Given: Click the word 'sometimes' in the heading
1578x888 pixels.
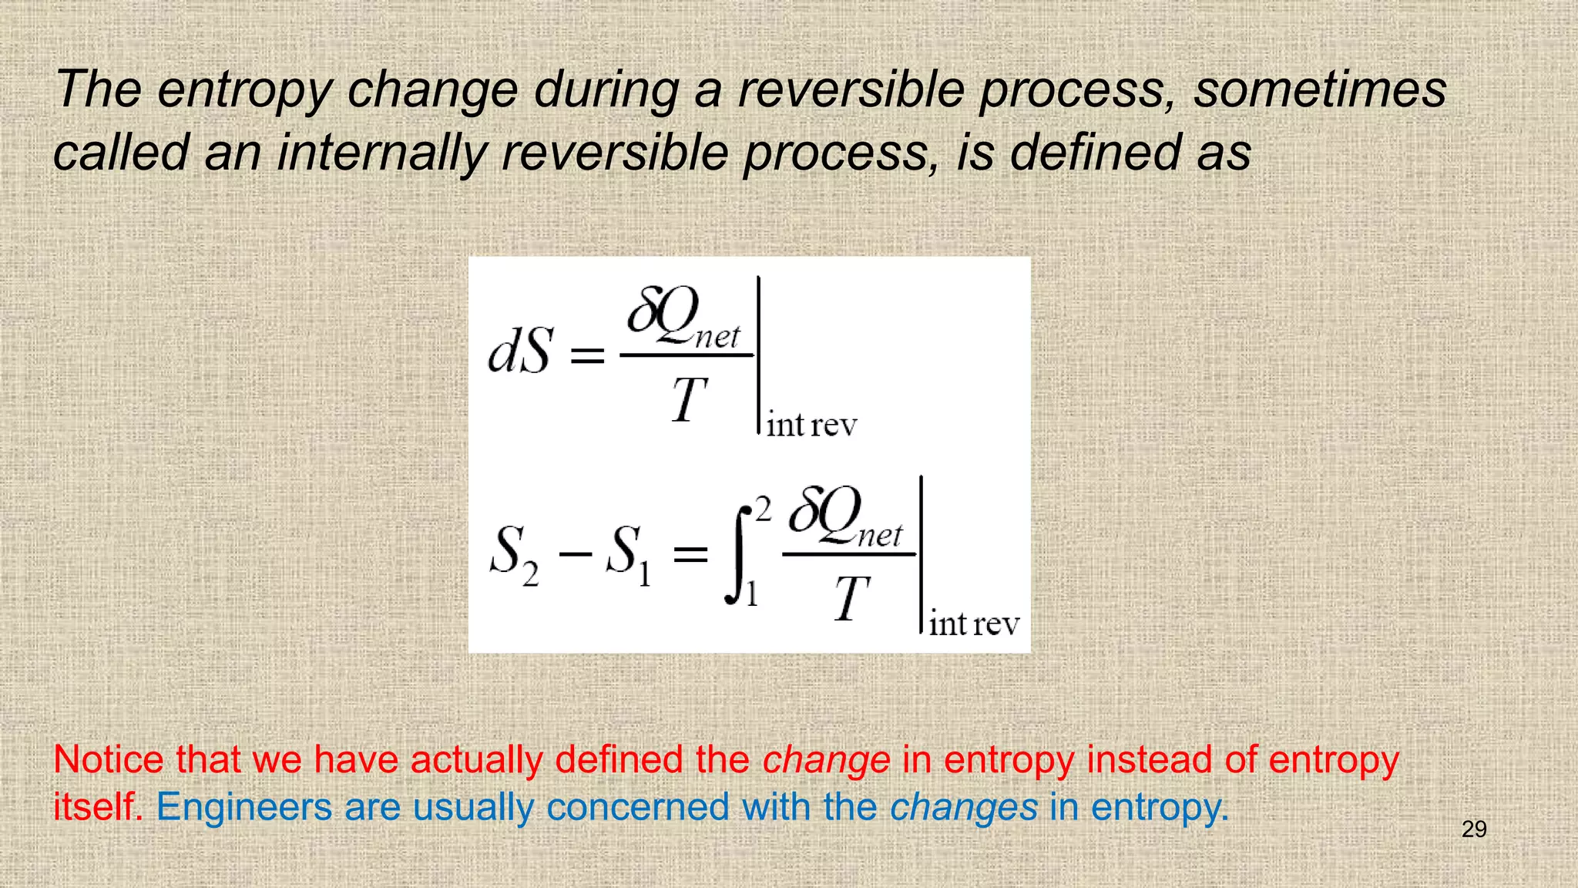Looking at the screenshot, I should (1320, 89).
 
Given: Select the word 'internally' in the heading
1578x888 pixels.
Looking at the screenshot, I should (381, 152).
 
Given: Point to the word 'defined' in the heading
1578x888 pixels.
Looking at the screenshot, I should (1095, 152).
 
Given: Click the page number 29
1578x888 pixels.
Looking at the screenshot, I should (1473, 829).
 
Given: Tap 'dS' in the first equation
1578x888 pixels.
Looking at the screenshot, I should (521, 351).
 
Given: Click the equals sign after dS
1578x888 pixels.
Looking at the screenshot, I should (587, 355).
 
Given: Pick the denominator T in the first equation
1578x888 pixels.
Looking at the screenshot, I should (688, 400).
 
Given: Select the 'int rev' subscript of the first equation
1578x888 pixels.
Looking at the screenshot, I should (811, 425).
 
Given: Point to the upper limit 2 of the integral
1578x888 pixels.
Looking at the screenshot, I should (763, 510).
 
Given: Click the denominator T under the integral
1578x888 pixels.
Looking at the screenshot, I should (851, 599).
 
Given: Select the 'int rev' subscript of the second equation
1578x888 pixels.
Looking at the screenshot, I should (974, 624).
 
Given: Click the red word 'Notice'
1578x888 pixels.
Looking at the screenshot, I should (109, 760).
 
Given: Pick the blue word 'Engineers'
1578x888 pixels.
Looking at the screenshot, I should (244, 809).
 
